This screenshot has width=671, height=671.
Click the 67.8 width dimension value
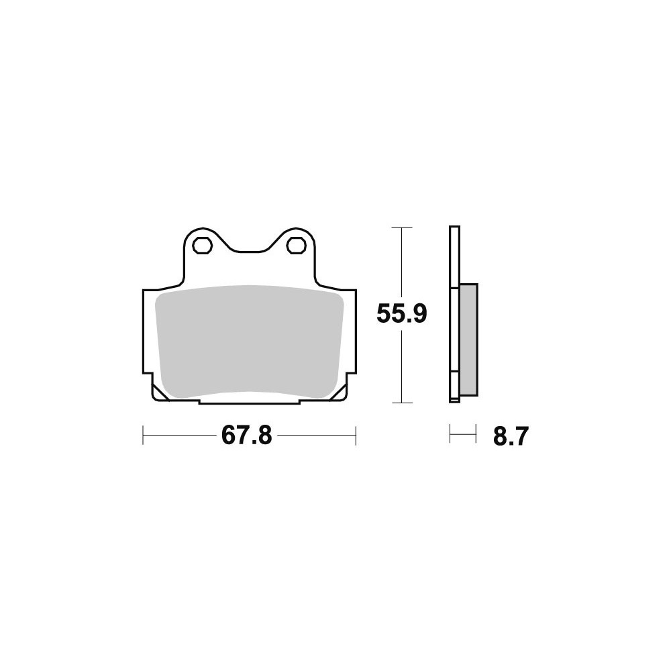click(246, 436)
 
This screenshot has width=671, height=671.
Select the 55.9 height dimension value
click(402, 314)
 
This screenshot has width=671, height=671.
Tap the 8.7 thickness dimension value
click(511, 437)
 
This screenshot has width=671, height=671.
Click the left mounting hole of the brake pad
click(202, 246)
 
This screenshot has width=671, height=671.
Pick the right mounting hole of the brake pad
click(296, 246)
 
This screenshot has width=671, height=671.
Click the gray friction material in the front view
click(249, 342)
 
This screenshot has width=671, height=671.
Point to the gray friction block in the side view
click(468, 340)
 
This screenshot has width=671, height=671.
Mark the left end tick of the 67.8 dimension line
click(143, 435)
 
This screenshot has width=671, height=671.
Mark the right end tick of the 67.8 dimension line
click(356, 435)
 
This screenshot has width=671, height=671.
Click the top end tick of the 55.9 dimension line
click(401, 227)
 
